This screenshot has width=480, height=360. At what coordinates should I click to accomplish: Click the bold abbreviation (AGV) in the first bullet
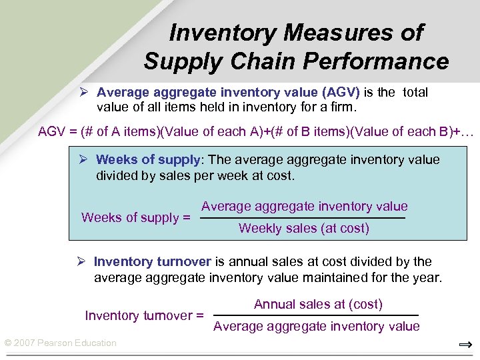(x=341, y=92)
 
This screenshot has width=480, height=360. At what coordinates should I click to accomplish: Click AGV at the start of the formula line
(x=51, y=131)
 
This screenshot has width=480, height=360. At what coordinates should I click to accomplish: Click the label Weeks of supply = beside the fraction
(x=135, y=217)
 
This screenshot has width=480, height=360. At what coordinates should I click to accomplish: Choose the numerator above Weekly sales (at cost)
(x=304, y=207)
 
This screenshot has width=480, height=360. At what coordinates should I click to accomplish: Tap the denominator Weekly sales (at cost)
(x=303, y=228)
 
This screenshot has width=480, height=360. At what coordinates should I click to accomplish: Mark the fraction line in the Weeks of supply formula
(x=303, y=218)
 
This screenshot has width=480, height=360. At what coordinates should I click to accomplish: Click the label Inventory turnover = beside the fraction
(x=144, y=315)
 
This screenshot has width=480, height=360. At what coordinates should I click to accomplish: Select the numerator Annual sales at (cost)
(x=318, y=304)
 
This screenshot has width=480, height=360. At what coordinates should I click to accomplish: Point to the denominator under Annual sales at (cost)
(x=316, y=326)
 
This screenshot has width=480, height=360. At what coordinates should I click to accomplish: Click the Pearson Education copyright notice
(x=60, y=343)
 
